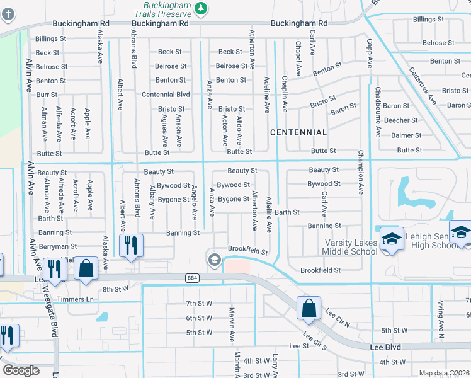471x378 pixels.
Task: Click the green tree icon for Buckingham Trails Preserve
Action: point(200,8)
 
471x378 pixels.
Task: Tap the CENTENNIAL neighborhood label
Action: point(298,132)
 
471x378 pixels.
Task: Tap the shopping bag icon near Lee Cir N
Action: point(309,309)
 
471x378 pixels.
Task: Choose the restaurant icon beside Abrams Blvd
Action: point(131,245)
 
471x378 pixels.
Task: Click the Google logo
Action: point(21,370)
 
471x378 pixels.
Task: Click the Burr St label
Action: point(46,94)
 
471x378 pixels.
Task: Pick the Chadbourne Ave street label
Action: point(377,113)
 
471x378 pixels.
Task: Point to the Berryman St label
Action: point(57,246)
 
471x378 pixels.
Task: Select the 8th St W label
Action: point(115,289)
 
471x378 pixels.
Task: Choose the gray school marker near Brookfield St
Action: point(214,260)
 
